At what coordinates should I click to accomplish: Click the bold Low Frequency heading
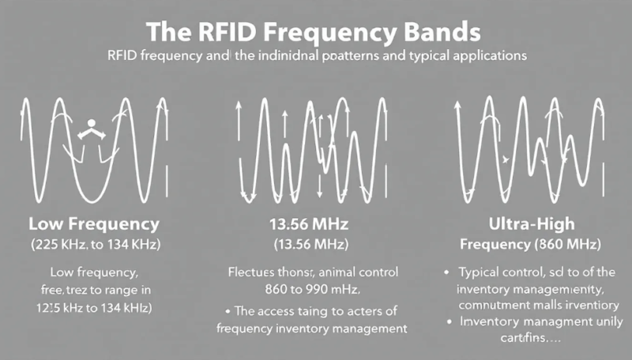[94, 223]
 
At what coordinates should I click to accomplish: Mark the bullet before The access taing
[230, 311]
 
